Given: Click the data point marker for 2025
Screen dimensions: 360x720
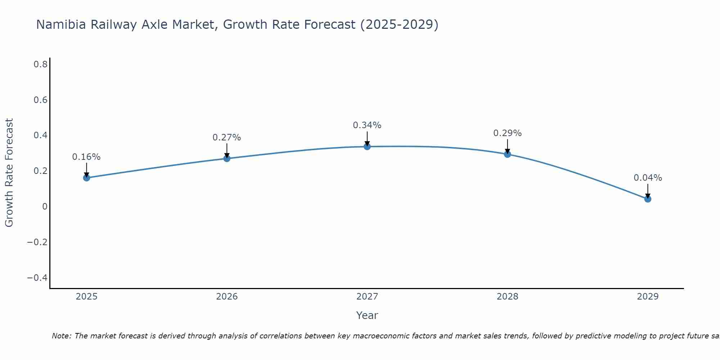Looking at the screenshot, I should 86,177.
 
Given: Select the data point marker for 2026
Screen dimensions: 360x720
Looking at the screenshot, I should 227,158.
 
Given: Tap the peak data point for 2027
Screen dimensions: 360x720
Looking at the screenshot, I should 367,146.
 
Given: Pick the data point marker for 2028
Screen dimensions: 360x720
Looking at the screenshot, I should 507,154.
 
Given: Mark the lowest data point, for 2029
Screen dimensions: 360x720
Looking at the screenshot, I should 648,199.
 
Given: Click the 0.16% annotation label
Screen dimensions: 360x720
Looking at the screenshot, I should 86,157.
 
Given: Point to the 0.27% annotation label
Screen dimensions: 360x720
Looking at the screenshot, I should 227,138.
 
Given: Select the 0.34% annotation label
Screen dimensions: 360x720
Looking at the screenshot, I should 367,125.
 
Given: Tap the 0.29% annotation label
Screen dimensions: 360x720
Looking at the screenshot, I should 507,133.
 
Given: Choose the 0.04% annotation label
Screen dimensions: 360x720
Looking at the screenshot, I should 648,178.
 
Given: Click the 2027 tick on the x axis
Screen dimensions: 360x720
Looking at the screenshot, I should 367,297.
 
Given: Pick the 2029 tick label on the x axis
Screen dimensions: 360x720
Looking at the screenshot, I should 648,297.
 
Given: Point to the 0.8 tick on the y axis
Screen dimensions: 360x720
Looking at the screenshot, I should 41,64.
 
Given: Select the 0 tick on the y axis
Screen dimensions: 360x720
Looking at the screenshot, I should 45,206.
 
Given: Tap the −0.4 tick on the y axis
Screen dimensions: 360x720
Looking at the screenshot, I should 37,278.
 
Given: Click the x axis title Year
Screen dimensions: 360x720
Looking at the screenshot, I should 367,315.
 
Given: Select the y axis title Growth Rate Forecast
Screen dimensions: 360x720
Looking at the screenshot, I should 9,173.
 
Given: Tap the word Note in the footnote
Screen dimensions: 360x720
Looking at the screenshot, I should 61,336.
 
